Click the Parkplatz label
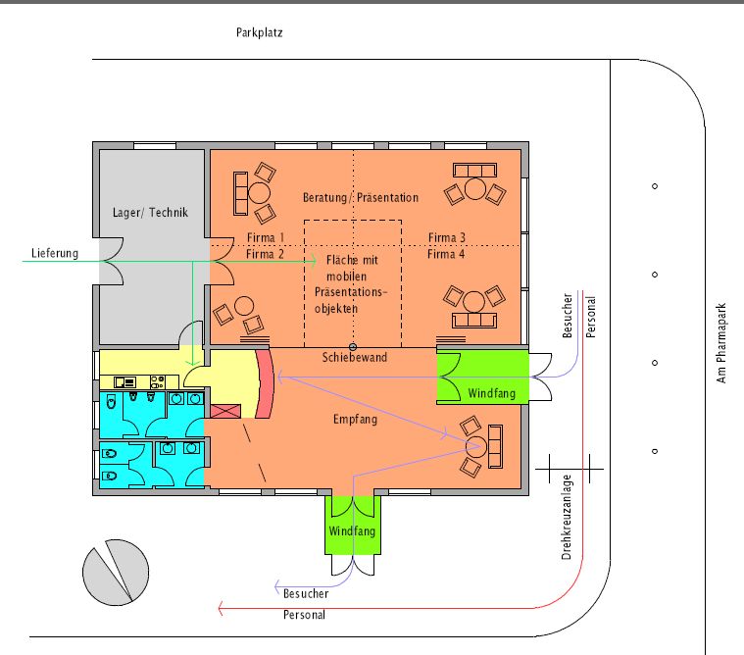[260, 32]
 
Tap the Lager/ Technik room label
[150, 212]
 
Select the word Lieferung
[55, 253]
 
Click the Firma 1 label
[266, 237]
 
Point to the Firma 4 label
[446, 254]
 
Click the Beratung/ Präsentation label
[361, 197]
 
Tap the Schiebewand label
[355, 357]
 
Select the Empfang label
[356, 419]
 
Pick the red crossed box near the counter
[225, 411]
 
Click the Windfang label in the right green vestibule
[491, 393]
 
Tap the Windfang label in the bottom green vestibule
[352, 530]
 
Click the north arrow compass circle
[116, 573]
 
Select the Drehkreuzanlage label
[567, 518]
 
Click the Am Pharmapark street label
[721, 343]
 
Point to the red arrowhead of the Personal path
[221, 608]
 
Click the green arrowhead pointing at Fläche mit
[313, 261]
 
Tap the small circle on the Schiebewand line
[353, 347]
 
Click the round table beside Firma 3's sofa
[475, 189]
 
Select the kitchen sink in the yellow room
[125, 381]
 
